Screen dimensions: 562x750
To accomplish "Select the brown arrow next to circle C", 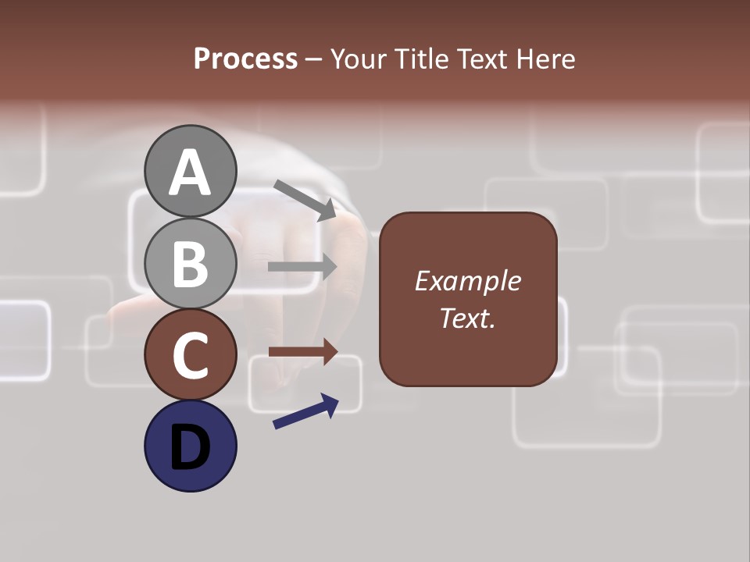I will pyautogui.click(x=302, y=352).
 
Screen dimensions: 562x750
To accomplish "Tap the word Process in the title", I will pyautogui.click(x=245, y=59).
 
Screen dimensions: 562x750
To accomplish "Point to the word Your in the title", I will pyautogui.click(x=359, y=59).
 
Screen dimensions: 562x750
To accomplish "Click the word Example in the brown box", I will pyautogui.click(x=467, y=281).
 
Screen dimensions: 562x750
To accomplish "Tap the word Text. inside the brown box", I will pyautogui.click(x=467, y=318).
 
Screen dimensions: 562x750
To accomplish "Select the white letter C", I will pyautogui.click(x=190, y=355).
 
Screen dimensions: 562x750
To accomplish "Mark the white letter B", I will pyautogui.click(x=190, y=264).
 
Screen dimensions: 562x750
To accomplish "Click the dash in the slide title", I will pyautogui.click(x=314, y=59).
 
